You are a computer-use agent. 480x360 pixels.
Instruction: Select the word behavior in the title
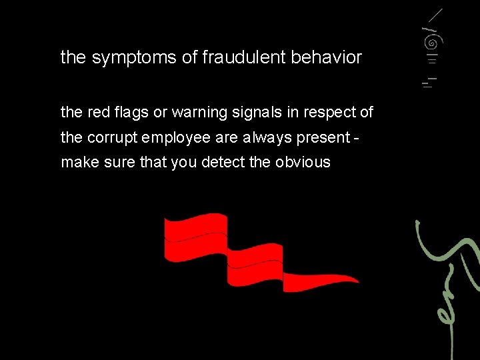pyautogui.click(x=326, y=57)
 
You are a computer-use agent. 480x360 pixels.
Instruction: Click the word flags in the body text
pyautogui.click(x=131, y=113)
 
